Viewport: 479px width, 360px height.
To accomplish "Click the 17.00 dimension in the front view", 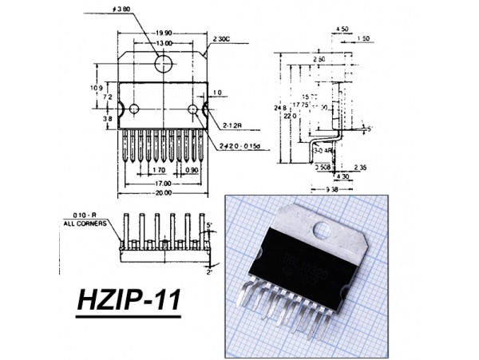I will click(x=164, y=182).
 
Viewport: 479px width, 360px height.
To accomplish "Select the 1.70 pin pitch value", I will click(x=156, y=170).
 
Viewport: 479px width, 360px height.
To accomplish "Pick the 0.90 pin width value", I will click(x=192, y=170).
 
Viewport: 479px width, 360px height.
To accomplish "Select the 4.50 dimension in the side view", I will click(x=342, y=29).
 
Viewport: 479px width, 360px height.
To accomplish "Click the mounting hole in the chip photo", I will click(x=323, y=231).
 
